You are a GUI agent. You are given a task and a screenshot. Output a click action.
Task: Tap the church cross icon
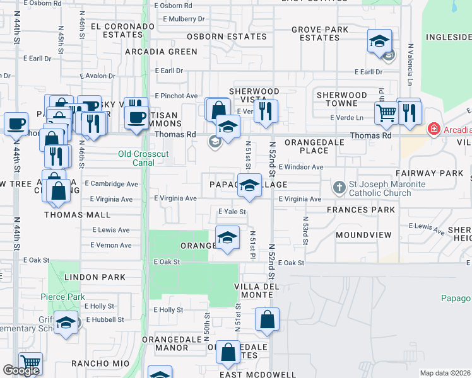(x=339, y=188)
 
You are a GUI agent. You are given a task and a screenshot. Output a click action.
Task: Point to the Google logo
(x=21, y=370)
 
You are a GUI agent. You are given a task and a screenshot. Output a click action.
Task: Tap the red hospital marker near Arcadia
(x=434, y=130)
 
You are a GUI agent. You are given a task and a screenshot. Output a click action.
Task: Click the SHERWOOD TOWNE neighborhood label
(x=341, y=99)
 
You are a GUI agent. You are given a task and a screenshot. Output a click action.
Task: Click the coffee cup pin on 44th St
(x=16, y=122)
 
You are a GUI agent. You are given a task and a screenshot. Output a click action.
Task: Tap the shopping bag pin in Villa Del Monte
(x=267, y=319)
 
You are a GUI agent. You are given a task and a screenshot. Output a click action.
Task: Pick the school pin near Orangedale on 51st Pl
(x=227, y=237)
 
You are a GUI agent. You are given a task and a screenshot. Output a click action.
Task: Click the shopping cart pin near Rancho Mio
(x=30, y=363)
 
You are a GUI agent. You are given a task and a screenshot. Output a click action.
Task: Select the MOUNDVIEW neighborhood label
(x=363, y=235)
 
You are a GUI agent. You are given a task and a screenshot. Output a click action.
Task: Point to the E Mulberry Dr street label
(x=184, y=19)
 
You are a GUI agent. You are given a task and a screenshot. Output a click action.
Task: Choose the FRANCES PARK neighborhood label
(x=361, y=210)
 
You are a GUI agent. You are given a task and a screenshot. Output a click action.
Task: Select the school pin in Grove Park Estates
(x=379, y=42)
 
